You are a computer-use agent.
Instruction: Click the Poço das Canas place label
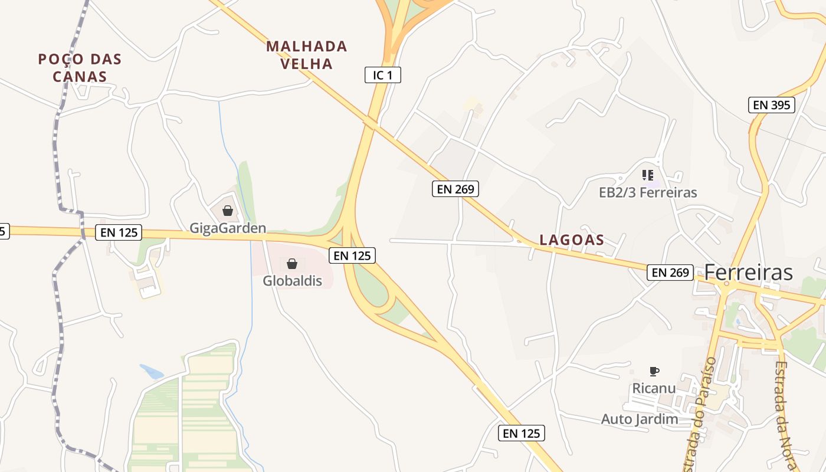pyautogui.click(x=80, y=68)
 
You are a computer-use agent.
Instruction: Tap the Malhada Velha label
pyautogui.click(x=307, y=55)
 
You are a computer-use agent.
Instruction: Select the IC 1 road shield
pyautogui.click(x=382, y=75)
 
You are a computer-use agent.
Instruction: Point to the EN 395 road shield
pyautogui.click(x=772, y=105)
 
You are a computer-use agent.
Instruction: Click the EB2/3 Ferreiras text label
pyautogui.click(x=648, y=192)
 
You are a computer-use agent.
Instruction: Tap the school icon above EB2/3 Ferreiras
pyautogui.click(x=648, y=175)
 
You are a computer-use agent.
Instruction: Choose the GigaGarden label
pyautogui.click(x=228, y=228)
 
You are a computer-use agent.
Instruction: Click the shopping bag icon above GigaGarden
pyautogui.click(x=228, y=211)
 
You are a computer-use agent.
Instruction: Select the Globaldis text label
pyautogui.click(x=293, y=281)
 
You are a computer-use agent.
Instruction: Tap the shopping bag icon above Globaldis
pyautogui.click(x=292, y=264)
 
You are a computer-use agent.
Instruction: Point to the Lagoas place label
pyautogui.click(x=572, y=240)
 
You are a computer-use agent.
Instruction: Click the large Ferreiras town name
pyautogui.click(x=749, y=273)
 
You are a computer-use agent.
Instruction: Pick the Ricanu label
pyautogui.click(x=654, y=389)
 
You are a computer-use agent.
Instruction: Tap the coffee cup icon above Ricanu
pyautogui.click(x=654, y=371)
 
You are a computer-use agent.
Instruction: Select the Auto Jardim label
pyautogui.click(x=640, y=419)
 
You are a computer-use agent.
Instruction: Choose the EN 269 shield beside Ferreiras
pyautogui.click(x=670, y=272)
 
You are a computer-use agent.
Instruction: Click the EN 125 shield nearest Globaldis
pyautogui.click(x=352, y=255)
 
